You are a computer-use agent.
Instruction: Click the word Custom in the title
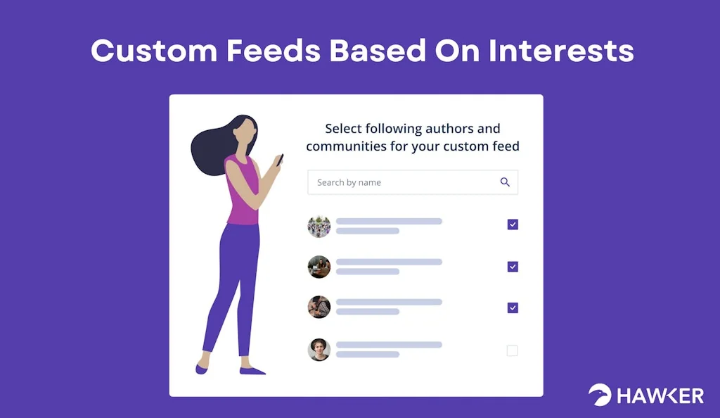point(154,50)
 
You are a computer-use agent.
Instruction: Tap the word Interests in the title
point(561,50)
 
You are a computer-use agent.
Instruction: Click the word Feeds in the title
point(274,50)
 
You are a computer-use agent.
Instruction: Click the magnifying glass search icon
point(505,182)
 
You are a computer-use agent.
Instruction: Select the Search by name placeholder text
point(349,182)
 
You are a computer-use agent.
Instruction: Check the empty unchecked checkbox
point(512,350)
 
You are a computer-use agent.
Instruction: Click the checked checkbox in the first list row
point(513,224)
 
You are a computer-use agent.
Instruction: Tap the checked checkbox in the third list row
point(513,308)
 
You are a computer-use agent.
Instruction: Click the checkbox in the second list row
point(513,267)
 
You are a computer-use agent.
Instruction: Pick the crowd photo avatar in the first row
point(319,226)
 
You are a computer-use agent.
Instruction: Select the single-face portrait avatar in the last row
point(319,350)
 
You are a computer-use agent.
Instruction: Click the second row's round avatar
point(319,267)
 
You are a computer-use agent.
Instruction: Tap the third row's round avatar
point(319,307)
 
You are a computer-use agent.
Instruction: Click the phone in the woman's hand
point(280,160)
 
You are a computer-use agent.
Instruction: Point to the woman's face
point(244,130)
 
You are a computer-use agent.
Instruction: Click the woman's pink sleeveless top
point(242,190)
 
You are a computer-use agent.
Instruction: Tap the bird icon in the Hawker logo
point(600,395)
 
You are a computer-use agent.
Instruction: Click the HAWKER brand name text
point(660,396)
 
